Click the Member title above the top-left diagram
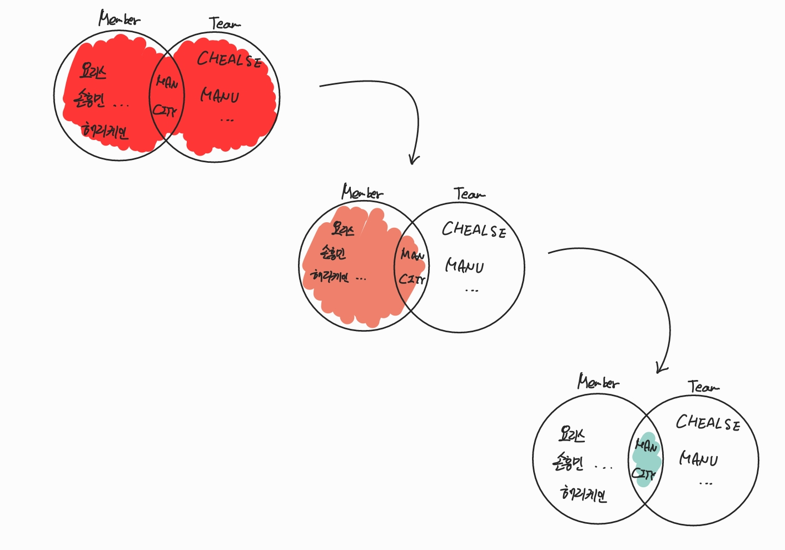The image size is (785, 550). tap(119, 19)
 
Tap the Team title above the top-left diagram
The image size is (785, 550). tap(225, 24)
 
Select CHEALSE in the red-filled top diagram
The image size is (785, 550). tap(229, 59)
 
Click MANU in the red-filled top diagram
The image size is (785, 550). tap(220, 96)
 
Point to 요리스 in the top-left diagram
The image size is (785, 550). tap(93, 71)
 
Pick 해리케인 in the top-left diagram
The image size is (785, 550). tap(105, 131)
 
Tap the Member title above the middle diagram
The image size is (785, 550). tap(362, 193)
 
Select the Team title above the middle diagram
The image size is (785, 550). tap(469, 194)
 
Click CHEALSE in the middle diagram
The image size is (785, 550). tap(474, 229)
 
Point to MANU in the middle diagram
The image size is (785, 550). tap(464, 266)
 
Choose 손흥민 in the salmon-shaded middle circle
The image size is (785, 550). tap(333, 254)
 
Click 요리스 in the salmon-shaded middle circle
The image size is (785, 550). tap(342, 229)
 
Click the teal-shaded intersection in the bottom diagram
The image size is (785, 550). tap(646, 459)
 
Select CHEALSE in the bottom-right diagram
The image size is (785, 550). tap(708, 423)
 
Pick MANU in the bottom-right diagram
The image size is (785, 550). tap(698, 459)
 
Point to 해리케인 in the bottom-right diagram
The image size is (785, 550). tap(583, 493)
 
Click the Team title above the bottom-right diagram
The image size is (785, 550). tap(703, 387)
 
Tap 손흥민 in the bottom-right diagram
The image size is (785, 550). tap(568, 462)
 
